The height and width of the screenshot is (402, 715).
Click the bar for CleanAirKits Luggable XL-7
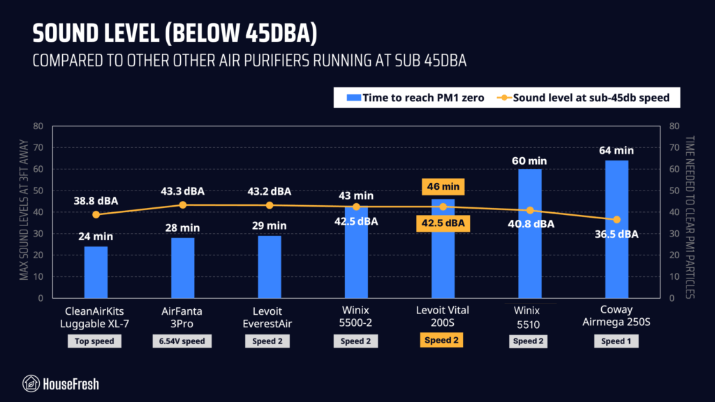pyautogui.click(x=96, y=271)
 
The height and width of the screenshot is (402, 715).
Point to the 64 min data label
pyautogui.click(x=616, y=150)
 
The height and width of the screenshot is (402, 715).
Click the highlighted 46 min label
pyautogui.click(x=443, y=187)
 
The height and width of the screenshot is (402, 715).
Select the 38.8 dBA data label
pyautogui.click(x=96, y=200)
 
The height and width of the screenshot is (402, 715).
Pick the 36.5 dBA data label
pyautogui.click(x=616, y=234)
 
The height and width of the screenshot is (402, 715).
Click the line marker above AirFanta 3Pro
pyautogui.click(x=183, y=204)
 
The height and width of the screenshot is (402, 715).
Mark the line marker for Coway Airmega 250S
pyautogui.click(x=616, y=220)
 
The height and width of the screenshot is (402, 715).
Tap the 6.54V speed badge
pyautogui.click(x=183, y=341)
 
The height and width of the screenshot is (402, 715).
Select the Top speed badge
pyautogui.click(x=96, y=341)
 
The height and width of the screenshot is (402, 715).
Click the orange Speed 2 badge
pyautogui.click(x=443, y=341)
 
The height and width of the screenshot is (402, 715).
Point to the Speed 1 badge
pyautogui.click(x=616, y=341)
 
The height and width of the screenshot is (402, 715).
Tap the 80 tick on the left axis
pyautogui.click(x=38, y=126)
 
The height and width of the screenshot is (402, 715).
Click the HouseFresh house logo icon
pyautogui.click(x=31, y=383)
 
